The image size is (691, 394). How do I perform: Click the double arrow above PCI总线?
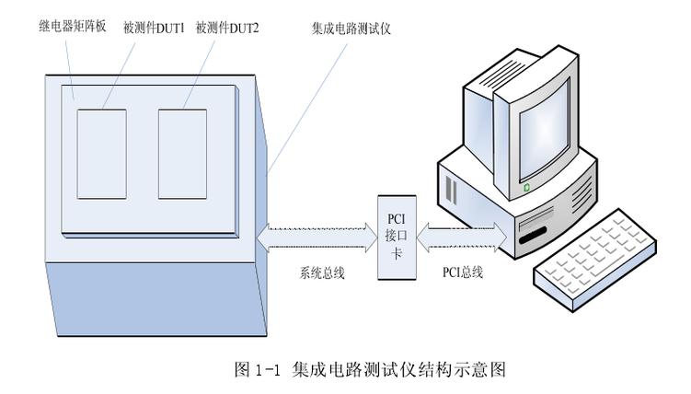pos(460,237)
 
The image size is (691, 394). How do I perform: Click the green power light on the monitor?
pos(525,187)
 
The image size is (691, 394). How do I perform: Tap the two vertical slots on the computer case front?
pos(451,190)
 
